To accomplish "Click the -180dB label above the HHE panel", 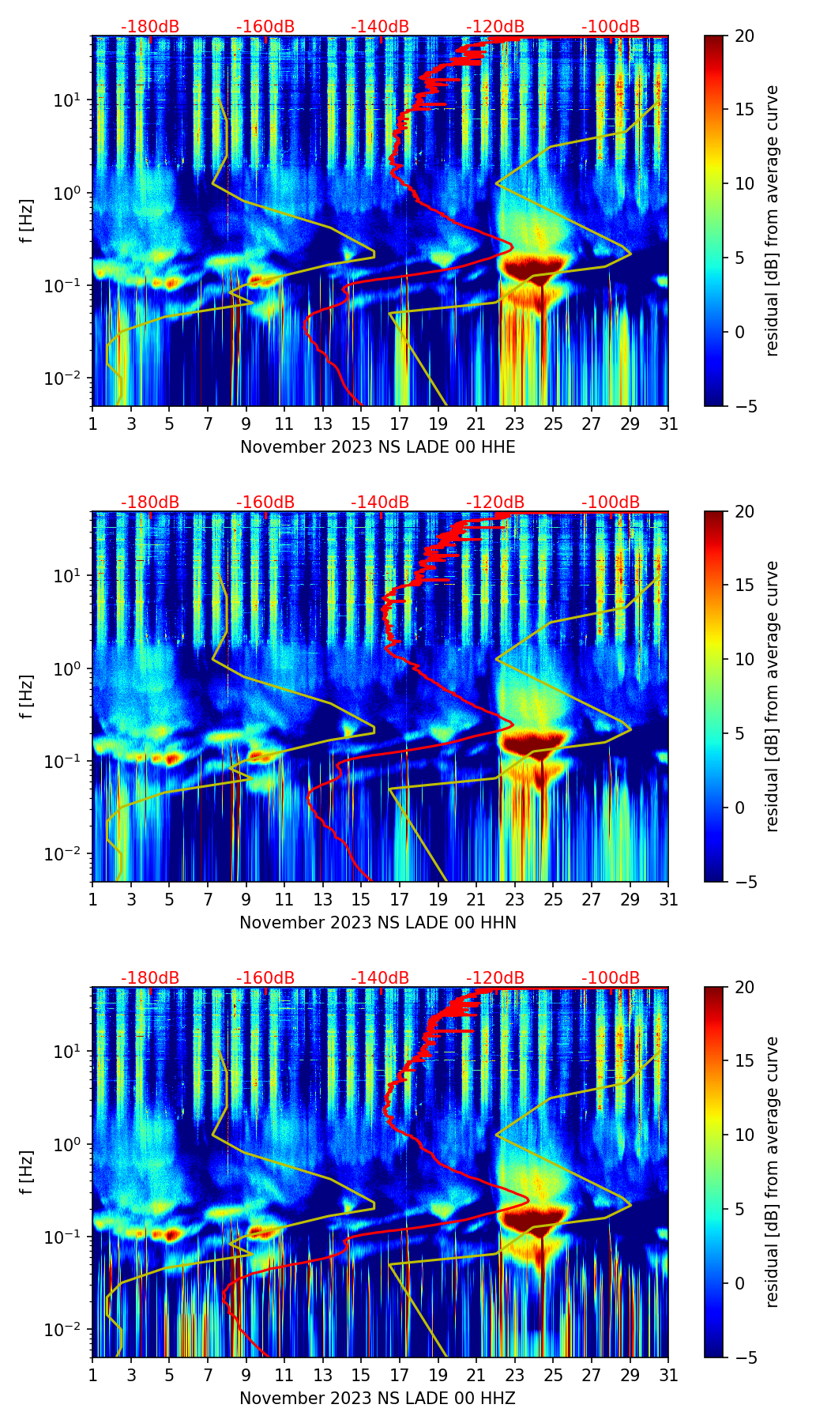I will pyautogui.click(x=150, y=27).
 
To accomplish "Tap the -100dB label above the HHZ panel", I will pyautogui.click(x=611, y=978).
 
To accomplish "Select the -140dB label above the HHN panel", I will pyautogui.click(x=380, y=503).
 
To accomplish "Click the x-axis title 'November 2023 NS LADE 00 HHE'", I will pyautogui.click(x=378, y=447).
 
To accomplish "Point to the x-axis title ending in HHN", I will pyautogui.click(x=378, y=923).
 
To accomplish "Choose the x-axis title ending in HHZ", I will pyautogui.click(x=378, y=1399).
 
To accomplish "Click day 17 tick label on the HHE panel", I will pyautogui.click(x=400, y=424).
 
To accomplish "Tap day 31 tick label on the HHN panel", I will pyautogui.click(x=668, y=900).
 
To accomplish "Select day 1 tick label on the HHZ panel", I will pyautogui.click(x=93, y=1376).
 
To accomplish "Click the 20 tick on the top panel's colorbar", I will pyautogui.click(x=745, y=36).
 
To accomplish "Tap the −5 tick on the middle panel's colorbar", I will pyautogui.click(x=746, y=881).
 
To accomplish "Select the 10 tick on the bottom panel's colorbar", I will pyautogui.click(x=745, y=1135).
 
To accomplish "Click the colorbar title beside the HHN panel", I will pyautogui.click(x=773, y=696).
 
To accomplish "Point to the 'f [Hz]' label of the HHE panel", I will pyautogui.click(x=28, y=221).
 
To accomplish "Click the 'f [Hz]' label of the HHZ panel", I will pyautogui.click(x=28, y=1173).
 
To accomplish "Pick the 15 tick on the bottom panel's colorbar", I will pyautogui.click(x=745, y=1061).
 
